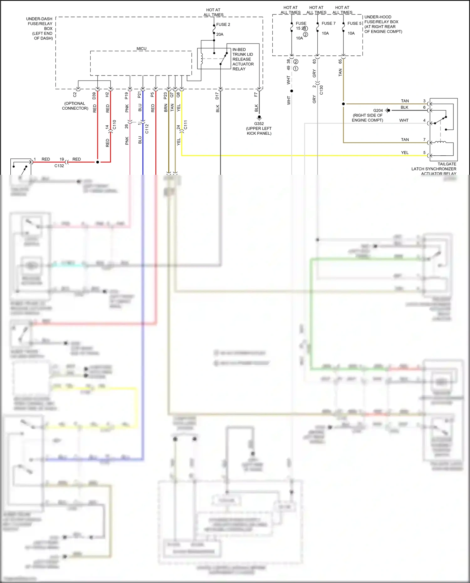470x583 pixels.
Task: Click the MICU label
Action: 141,49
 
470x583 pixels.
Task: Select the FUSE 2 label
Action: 223,24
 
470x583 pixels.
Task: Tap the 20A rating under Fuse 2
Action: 220,34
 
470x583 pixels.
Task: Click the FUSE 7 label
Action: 328,23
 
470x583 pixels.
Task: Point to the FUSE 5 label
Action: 354,23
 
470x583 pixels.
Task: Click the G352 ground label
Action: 259,124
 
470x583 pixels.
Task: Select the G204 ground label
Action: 378,111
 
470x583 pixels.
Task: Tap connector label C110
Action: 114,124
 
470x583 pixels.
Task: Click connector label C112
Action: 147,129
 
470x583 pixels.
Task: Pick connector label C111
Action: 185,125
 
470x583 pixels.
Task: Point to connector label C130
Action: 321,90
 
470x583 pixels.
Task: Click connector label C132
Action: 59,166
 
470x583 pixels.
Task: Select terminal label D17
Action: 217,96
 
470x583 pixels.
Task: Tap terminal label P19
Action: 127,96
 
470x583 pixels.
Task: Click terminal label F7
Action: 256,94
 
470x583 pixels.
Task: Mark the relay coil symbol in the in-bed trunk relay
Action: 201,59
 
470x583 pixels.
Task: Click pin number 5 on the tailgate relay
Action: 425,153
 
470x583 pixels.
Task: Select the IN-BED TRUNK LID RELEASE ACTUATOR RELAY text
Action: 243,59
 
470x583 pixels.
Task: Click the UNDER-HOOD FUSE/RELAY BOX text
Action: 383,24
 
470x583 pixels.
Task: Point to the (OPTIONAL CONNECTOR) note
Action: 75,106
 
